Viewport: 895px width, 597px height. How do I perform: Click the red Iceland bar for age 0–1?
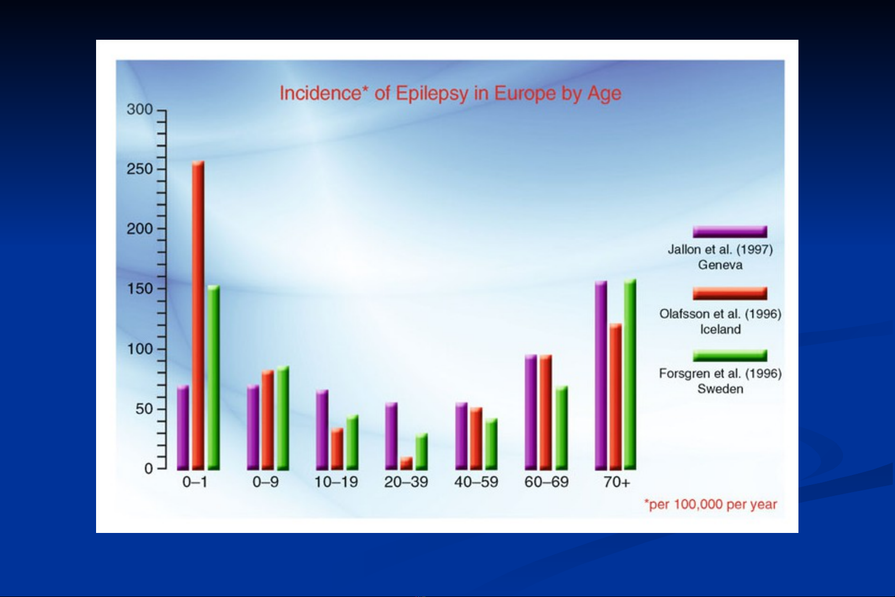tap(198, 315)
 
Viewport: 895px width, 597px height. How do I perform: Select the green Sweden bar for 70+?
tap(630, 374)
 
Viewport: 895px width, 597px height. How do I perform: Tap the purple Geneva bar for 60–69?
tap(531, 412)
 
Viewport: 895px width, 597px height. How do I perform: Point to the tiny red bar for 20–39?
tap(406, 463)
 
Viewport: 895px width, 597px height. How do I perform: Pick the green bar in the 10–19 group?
tap(352, 442)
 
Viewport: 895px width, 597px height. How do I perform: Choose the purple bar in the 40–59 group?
tap(462, 436)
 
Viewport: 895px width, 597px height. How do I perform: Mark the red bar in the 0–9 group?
tap(268, 420)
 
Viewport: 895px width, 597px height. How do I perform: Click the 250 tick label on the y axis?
tap(140, 169)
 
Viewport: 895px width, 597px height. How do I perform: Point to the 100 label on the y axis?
tap(140, 349)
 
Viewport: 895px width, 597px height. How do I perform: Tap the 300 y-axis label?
tap(140, 109)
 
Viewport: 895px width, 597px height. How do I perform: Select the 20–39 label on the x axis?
tap(406, 482)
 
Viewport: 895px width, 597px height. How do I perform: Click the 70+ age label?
tap(617, 482)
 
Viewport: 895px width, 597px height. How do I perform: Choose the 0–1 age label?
tap(195, 482)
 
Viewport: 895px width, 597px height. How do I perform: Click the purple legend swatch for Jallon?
tap(730, 232)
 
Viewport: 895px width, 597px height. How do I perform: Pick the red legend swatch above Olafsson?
tap(730, 293)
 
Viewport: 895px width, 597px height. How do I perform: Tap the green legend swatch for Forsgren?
tap(730, 356)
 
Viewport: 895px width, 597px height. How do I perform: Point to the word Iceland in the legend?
tap(721, 329)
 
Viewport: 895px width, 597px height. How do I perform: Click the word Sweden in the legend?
tap(721, 389)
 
